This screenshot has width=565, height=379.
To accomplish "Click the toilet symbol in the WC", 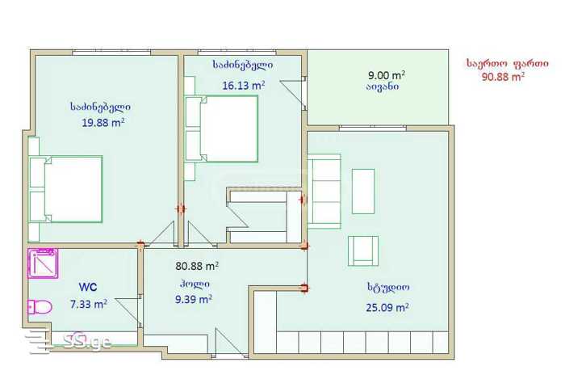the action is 40,307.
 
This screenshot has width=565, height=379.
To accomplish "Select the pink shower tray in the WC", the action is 43,263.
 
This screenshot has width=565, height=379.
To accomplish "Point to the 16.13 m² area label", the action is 244,86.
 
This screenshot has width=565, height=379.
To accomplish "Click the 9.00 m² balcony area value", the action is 387,75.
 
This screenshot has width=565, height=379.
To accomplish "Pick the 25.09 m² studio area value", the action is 387,308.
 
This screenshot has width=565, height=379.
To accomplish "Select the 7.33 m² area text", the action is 88,305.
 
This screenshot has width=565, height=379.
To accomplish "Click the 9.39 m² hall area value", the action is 194,299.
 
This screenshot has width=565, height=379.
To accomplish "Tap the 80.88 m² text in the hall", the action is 197,266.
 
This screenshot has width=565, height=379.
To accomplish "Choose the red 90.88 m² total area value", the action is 503,77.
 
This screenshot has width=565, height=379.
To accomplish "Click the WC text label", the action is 88,288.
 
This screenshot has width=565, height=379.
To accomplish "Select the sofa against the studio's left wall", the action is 324,192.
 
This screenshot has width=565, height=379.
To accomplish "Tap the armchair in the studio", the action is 363,251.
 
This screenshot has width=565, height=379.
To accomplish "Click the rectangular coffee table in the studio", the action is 363,192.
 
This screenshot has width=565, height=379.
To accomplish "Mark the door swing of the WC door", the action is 128,312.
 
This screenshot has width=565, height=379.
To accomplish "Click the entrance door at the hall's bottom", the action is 230,343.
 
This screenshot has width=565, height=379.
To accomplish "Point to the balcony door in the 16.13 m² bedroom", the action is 292,94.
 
